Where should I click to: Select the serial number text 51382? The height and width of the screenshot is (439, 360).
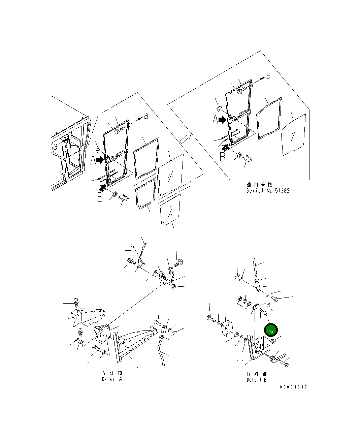[282, 191]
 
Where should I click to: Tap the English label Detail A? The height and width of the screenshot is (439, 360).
[112, 379]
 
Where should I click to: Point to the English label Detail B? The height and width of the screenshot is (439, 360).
[257, 380]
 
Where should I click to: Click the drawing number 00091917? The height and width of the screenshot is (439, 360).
[293, 387]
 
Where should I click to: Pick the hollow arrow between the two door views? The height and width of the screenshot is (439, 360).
[185, 138]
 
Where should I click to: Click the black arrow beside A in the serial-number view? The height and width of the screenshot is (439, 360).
[222, 120]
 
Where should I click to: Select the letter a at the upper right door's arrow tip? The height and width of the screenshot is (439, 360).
[268, 76]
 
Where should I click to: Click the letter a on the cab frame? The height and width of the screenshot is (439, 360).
[55, 146]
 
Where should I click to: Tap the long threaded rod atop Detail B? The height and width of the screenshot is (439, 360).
[255, 267]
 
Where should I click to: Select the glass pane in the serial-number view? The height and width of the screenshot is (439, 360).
[293, 135]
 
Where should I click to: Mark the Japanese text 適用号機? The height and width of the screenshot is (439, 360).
[259, 184]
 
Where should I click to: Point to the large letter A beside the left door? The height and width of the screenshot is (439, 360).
[93, 160]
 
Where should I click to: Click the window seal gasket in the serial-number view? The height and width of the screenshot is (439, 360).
[269, 118]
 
